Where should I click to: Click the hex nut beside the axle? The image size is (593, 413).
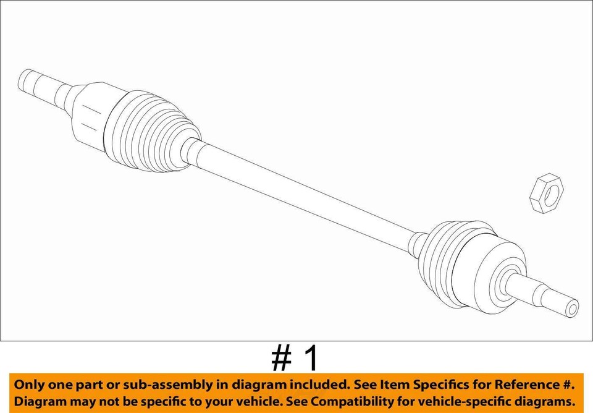(x=547, y=194)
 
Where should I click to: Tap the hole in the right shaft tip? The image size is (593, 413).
(x=573, y=307)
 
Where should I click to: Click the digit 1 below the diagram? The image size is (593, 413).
(x=313, y=358)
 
